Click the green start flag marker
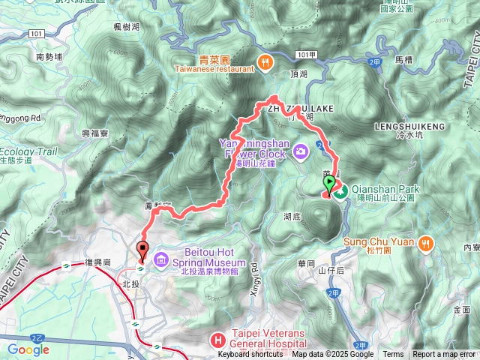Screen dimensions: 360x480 point(330,187)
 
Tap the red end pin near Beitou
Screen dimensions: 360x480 point(142,250)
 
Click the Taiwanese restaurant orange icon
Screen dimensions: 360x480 point(264,62)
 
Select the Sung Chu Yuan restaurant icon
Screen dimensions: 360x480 point(426,242)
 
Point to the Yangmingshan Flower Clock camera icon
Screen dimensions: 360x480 point(301,152)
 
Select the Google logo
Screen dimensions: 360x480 point(28,349)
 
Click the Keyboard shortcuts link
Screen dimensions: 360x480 point(250,355)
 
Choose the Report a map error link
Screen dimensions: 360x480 point(444,355)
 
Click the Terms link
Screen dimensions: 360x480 point(393,355)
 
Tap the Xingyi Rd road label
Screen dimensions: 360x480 point(253,277)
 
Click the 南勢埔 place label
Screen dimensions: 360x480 point(49,56)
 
